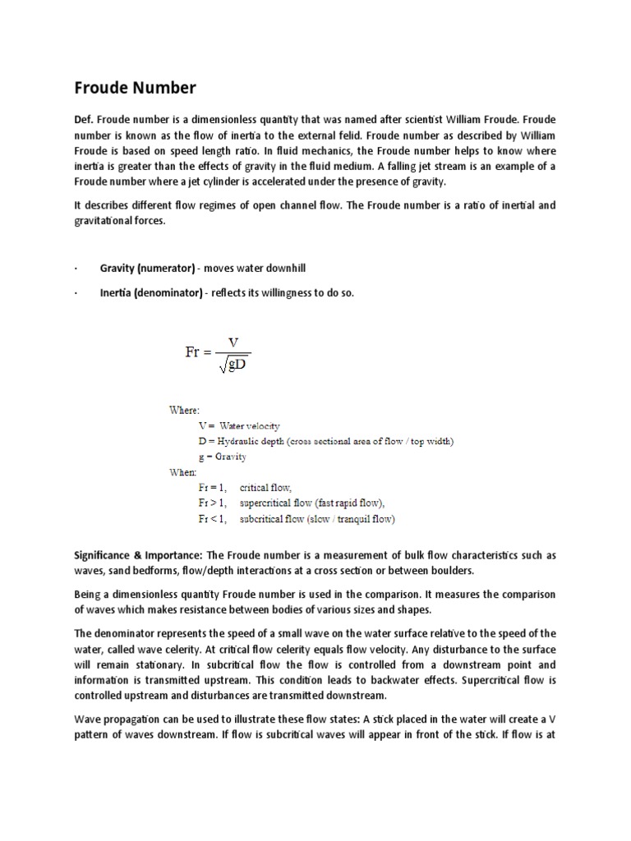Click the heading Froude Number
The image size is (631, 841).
(x=136, y=87)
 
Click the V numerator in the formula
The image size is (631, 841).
(x=233, y=341)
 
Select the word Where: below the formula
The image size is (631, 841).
(x=182, y=410)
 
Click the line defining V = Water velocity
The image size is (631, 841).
(x=239, y=425)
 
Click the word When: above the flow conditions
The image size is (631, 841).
(x=182, y=472)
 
